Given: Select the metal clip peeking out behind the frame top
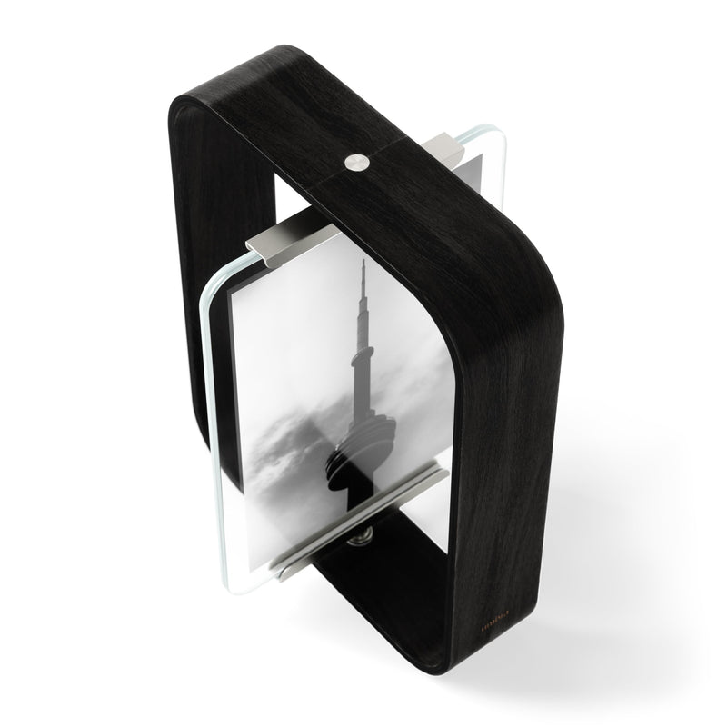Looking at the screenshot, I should coord(446,144).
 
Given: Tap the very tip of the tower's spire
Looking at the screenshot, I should coord(363,262).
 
